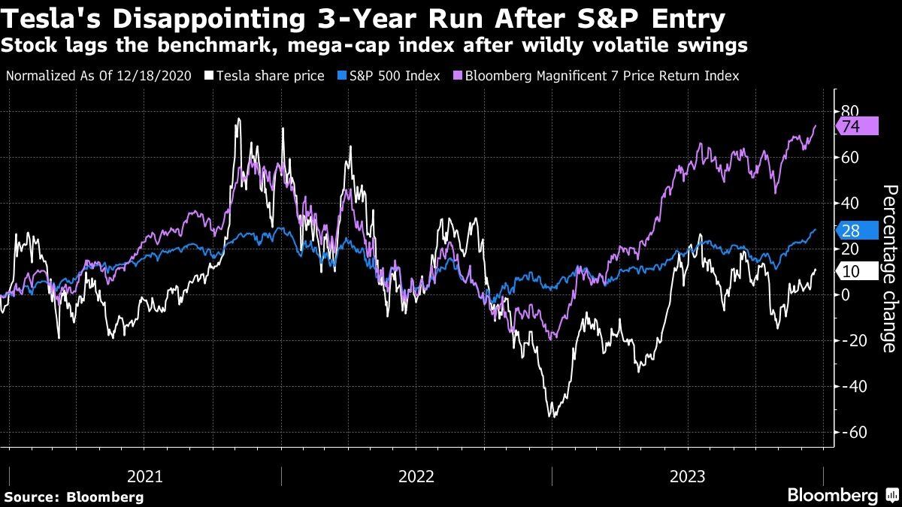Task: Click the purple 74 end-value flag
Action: tap(857, 127)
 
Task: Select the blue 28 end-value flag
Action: tap(857, 231)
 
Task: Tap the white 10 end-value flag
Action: tap(857, 272)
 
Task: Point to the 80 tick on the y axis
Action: tap(849, 112)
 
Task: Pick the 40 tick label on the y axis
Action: tap(849, 204)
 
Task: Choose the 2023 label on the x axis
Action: tap(687, 476)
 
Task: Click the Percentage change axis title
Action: tap(888, 269)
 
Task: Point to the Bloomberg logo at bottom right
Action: tap(834, 495)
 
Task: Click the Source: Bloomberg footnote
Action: tap(74, 496)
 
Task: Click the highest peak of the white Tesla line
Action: tap(238, 119)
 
